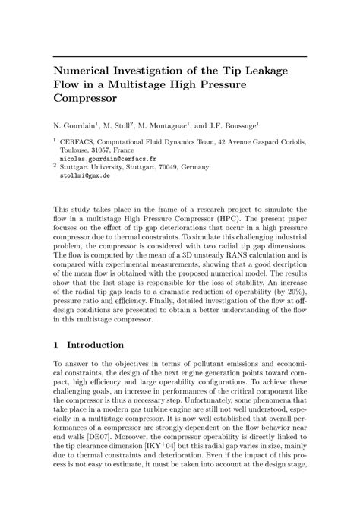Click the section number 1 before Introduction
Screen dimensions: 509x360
point(55,345)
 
